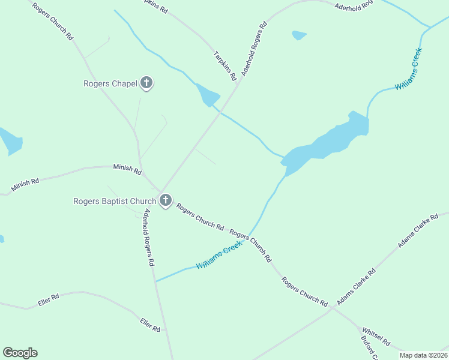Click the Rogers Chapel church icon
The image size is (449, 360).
tap(146, 83)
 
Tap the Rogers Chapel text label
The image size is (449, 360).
tap(110, 84)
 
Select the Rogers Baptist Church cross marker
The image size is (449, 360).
tap(165, 201)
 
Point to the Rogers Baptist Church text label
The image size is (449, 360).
tap(115, 202)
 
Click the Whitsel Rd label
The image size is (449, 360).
tap(376, 337)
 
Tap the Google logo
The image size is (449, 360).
tap(20, 353)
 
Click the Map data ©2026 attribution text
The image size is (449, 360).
tap(424, 355)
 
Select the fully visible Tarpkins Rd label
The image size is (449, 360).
tap(225, 66)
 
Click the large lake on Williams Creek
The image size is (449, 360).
tap(327, 144)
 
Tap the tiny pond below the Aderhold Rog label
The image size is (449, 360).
tap(298, 35)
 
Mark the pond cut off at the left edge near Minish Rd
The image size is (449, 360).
tap(10, 142)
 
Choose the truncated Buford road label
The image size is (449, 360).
tap(368, 349)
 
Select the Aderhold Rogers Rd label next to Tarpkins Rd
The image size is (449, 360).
tap(254, 49)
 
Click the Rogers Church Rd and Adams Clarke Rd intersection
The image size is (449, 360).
tap(332, 308)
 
